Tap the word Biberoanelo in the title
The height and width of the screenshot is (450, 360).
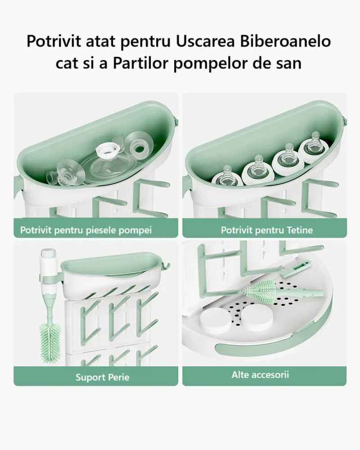pos(285,41)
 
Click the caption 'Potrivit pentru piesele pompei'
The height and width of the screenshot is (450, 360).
pos(85,230)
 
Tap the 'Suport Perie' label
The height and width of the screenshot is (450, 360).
pos(102,377)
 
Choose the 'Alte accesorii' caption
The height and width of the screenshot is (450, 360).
pos(260,374)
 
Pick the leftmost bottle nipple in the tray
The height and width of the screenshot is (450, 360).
pos(227,177)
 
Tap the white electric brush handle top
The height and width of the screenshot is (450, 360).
pos(48,261)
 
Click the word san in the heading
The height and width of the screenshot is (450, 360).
pos(288,64)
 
